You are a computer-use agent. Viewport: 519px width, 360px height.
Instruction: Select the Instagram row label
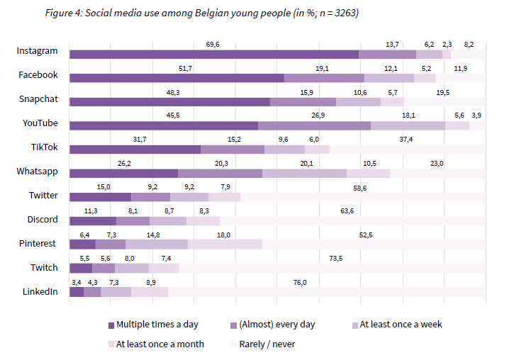pos(38,51)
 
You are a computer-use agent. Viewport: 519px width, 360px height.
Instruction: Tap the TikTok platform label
pos(44,147)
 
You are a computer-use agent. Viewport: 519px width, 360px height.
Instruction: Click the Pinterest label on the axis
pos(38,244)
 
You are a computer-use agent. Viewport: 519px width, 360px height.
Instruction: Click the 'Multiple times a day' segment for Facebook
pos(177,79)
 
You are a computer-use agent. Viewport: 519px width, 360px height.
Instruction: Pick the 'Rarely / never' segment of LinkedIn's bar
pos(327,292)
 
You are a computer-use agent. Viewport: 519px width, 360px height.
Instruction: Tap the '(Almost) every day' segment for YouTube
pos(314,126)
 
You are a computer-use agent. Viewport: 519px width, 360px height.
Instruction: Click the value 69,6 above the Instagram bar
pos(213,45)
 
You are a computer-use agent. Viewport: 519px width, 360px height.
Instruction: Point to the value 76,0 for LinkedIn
pos(300,283)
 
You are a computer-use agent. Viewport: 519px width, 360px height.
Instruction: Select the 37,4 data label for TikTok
pos(406,140)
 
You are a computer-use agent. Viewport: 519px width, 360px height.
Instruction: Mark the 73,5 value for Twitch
pos(335,259)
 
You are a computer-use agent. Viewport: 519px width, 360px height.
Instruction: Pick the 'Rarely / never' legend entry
pos(262,344)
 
